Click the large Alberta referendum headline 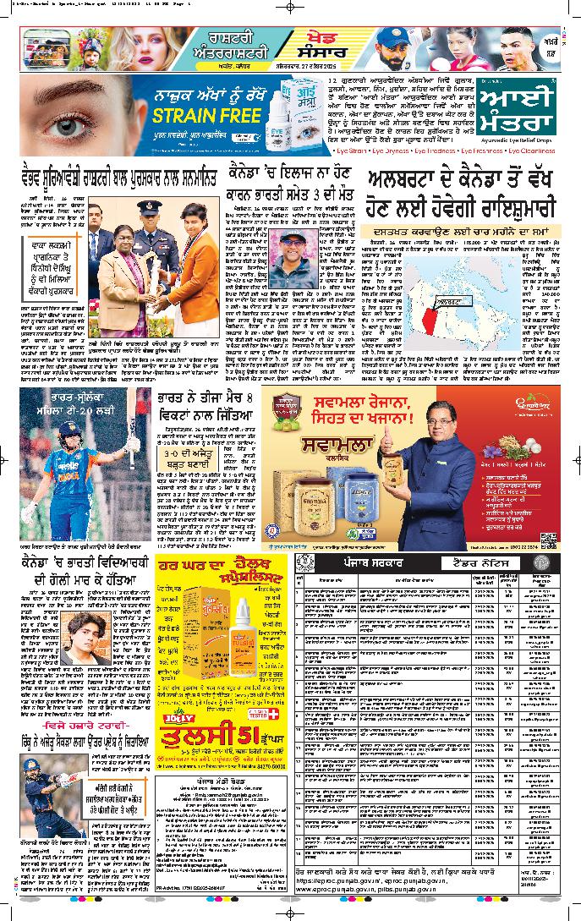(x=460, y=194)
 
